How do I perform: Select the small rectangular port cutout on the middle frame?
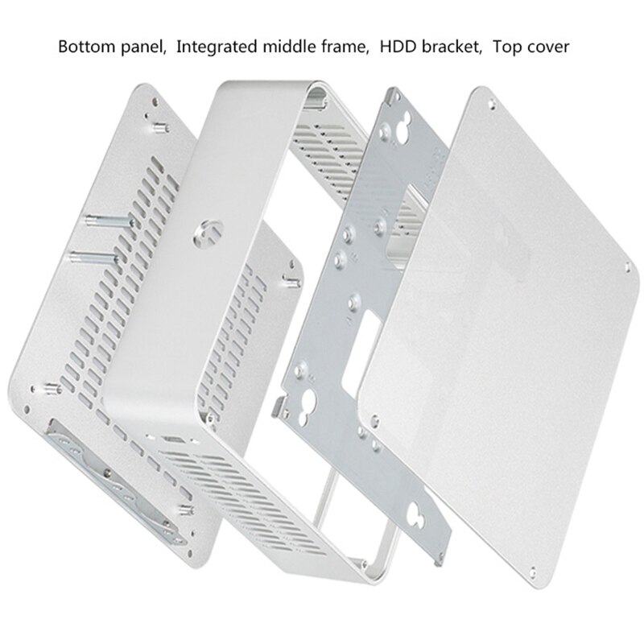point(175,441)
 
